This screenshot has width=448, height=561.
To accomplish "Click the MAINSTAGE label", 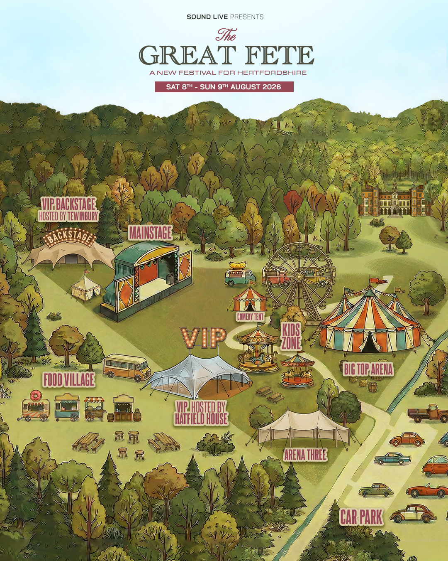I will pyautogui.click(x=150, y=233).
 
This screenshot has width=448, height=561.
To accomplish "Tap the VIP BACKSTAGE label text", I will pyautogui.click(x=68, y=204).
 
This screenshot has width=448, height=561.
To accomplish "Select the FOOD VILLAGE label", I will pyautogui.click(x=69, y=380).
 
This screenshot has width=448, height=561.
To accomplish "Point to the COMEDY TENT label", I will pyautogui.click(x=250, y=317).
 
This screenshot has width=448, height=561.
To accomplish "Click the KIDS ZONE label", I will pyautogui.click(x=291, y=337).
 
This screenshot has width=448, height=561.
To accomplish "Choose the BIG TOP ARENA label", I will pyautogui.click(x=368, y=369).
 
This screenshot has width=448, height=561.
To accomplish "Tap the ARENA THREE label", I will pyautogui.click(x=305, y=455).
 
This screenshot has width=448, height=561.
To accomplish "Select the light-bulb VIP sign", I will pyautogui.click(x=203, y=337).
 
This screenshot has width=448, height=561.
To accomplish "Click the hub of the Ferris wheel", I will pyautogui.click(x=299, y=276).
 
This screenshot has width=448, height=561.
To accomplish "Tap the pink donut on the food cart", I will pyautogui.click(x=35, y=395).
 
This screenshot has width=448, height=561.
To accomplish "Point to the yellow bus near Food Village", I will pyautogui.click(x=127, y=367).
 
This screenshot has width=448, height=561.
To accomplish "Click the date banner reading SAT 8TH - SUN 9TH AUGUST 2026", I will pyautogui.click(x=224, y=87).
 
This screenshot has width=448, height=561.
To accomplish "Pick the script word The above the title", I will pyautogui.click(x=226, y=35).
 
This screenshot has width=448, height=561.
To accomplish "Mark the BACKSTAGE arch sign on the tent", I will pyautogui.click(x=70, y=237).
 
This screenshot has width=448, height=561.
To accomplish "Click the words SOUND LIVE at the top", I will pyautogui.click(x=207, y=17).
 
